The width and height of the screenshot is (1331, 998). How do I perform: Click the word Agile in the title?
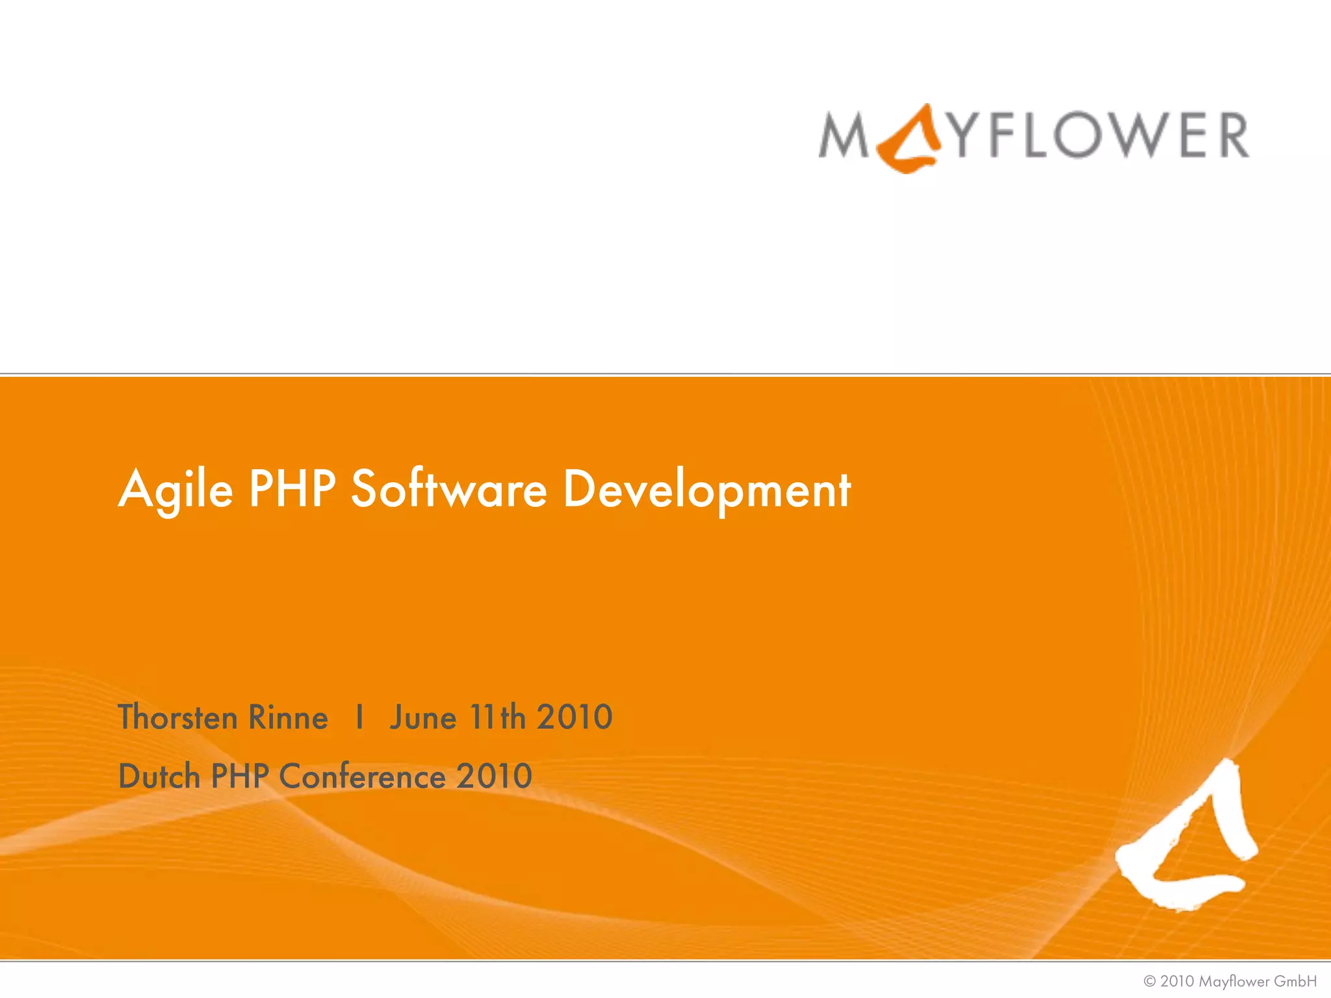[175, 490]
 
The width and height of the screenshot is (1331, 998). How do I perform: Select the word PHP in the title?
[292, 489]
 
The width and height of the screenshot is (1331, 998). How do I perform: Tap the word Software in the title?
[448, 489]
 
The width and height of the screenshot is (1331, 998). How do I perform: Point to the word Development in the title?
[706, 490]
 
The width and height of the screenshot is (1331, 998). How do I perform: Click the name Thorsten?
[177, 717]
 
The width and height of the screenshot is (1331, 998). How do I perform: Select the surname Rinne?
[288, 717]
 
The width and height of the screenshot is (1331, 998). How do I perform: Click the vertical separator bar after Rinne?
[359, 717]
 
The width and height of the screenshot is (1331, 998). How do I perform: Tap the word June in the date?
[422, 719]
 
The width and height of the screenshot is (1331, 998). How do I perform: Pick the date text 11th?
[497, 717]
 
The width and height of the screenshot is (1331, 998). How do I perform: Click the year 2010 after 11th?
[575, 717]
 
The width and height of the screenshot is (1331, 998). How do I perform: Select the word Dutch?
[159, 776]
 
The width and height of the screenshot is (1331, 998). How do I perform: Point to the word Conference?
[362, 776]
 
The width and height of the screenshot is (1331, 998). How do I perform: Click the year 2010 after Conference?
[494, 776]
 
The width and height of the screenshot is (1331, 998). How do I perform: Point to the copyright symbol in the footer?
[1150, 981]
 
